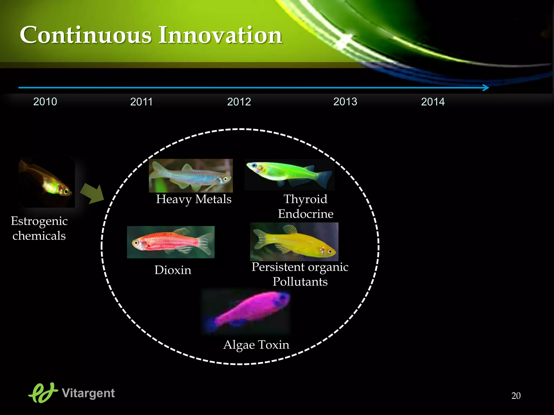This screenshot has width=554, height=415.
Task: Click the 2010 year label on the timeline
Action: coord(45,102)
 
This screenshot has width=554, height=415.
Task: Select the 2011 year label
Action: coord(141,102)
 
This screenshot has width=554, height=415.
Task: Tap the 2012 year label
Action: coord(239,102)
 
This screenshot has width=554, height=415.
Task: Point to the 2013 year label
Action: coord(345,102)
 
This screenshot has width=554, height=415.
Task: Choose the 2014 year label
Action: coord(433,102)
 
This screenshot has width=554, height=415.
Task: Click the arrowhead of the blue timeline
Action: coord(486,88)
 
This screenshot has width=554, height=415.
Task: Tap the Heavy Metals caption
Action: coord(194,199)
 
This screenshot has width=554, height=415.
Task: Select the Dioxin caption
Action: coord(173,270)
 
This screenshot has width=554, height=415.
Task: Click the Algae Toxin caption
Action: coord(256,345)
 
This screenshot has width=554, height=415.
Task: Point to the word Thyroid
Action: coord(305,199)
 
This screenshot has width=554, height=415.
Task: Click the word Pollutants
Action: coord(300,282)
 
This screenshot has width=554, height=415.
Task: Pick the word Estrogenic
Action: coord(39,221)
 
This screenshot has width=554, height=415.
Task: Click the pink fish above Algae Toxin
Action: coord(249,311)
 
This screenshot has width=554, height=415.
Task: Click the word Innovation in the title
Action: coord(220,35)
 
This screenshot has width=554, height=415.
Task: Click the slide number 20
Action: coord(516,396)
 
